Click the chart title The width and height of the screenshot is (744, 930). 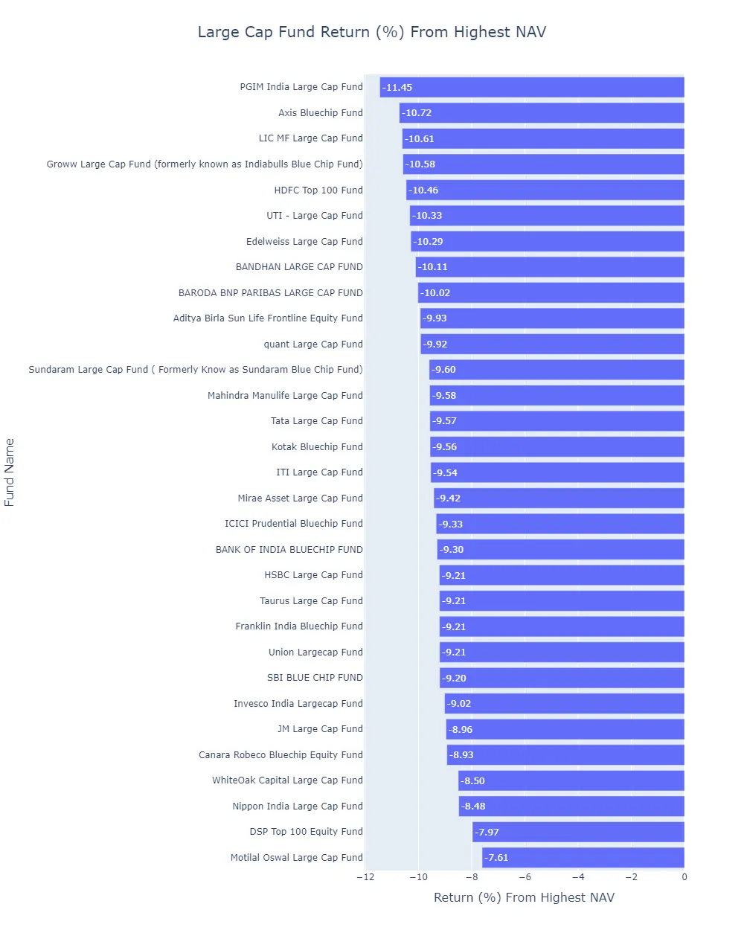pyautogui.click(x=372, y=32)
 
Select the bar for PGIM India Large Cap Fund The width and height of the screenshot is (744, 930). pyautogui.click(x=532, y=87)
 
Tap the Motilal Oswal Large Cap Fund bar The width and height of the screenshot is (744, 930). pyautogui.click(x=583, y=857)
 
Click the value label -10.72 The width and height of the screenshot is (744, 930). pyautogui.click(x=417, y=113)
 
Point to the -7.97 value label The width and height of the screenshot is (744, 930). pyautogui.click(x=487, y=832)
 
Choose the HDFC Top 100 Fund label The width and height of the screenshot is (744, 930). pyautogui.click(x=318, y=190)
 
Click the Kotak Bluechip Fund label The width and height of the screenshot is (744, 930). pyautogui.click(x=317, y=447)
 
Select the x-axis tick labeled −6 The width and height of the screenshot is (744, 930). pyautogui.click(x=525, y=876)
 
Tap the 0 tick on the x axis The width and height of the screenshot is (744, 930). pyautogui.click(x=684, y=876)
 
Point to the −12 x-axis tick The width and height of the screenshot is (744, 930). pyautogui.click(x=365, y=876)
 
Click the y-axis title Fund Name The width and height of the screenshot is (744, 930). pyautogui.click(x=10, y=472)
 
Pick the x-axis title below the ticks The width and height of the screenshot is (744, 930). pyautogui.click(x=524, y=897)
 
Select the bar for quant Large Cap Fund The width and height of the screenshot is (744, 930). pyautogui.click(x=552, y=344)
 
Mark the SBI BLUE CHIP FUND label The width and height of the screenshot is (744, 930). pyautogui.click(x=315, y=678)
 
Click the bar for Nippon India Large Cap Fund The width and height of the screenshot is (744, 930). pyautogui.click(x=571, y=806)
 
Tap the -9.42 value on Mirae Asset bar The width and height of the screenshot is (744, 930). pyautogui.click(x=449, y=498)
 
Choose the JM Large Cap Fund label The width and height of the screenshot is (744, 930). pyautogui.click(x=320, y=729)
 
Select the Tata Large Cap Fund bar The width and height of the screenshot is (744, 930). pyautogui.click(x=557, y=421)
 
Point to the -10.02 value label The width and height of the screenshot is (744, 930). pyautogui.click(x=435, y=293)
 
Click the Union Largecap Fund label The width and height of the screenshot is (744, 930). pyautogui.click(x=315, y=652)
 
